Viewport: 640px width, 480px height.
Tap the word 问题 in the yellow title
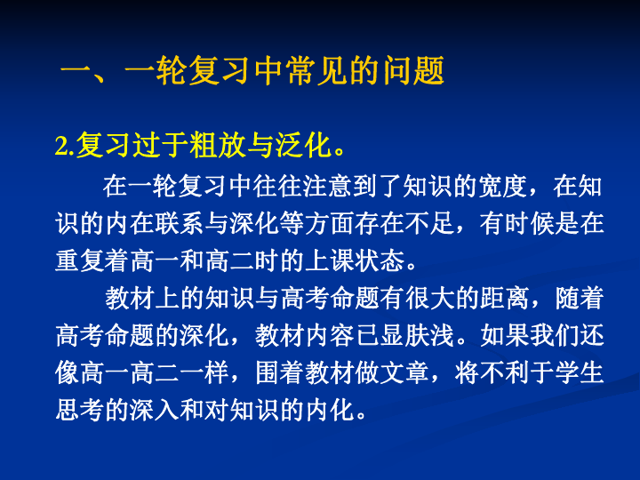tap(412, 70)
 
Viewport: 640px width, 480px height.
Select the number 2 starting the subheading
tap(60, 146)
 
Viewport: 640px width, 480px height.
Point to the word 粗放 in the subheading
tap(216, 145)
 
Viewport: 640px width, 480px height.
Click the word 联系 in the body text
tap(180, 224)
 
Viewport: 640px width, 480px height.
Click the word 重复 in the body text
tap(80, 261)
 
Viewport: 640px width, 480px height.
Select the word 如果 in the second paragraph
tap(505, 336)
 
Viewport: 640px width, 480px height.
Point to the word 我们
tap(555, 336)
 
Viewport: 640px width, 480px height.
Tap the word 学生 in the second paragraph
tap(580, 373)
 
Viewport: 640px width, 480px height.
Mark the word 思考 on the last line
tap(80, 411)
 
